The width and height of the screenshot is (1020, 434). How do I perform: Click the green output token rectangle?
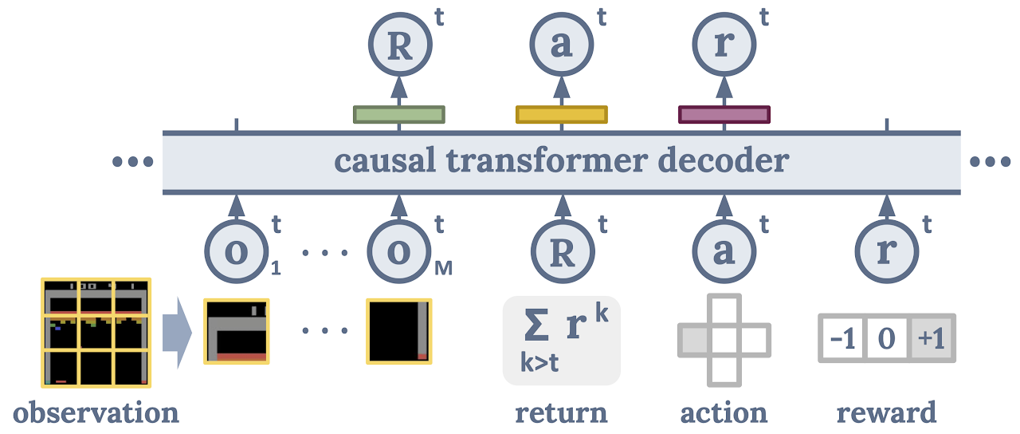[399, 114]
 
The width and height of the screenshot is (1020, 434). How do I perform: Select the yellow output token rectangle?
[562, 114]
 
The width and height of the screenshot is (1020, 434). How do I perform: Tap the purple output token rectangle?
[724, 114]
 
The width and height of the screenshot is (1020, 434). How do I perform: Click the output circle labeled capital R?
[400, 45]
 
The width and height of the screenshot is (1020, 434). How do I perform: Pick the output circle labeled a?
[562, 45]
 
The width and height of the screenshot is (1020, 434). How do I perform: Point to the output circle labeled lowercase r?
[724, 45]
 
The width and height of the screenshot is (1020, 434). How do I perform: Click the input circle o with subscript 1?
[237, 251]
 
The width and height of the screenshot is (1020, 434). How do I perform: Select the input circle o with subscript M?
[399, 251]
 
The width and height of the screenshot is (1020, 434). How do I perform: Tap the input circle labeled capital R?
[563, 251]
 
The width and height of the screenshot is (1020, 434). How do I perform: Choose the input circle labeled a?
[724, 251]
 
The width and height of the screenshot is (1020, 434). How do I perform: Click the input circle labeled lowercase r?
[887, 251]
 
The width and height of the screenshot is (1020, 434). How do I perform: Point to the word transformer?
[547, 160]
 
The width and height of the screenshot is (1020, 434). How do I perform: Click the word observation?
[96, 413]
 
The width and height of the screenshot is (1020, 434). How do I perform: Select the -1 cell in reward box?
[842, 338]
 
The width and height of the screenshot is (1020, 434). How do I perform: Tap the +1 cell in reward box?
[932, 338]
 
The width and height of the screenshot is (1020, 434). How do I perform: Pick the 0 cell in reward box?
[887, 338]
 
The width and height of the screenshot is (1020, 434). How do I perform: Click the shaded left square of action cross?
[693, 340]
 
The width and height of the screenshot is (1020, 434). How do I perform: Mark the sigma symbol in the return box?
[536, 325]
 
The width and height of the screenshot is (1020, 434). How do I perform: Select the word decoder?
[724, 160]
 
